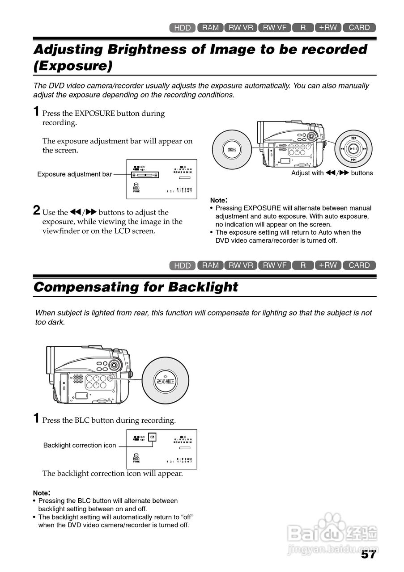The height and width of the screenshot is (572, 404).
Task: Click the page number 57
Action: [368, 554]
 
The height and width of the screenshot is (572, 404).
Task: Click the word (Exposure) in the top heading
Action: [72, 66]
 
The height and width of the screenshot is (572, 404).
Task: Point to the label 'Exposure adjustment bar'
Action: [75, 174]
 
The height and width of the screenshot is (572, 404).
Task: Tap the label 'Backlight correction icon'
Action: [80, 445]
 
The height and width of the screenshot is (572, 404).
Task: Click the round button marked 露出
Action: [232, 150]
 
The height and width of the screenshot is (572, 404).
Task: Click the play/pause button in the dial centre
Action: [353, 148]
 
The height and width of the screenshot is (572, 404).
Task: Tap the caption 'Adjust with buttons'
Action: [332, 173]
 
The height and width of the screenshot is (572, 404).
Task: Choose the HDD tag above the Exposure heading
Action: [183, 28]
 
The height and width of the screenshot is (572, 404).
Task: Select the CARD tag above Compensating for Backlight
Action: [359, 265]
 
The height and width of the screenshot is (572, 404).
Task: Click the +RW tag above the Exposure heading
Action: [328, 28]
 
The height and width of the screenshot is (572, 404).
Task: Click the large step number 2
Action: [37, 210]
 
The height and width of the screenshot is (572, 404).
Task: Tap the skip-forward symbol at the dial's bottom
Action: [353, 160]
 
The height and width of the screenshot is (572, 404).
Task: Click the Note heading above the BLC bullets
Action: [42, 493]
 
